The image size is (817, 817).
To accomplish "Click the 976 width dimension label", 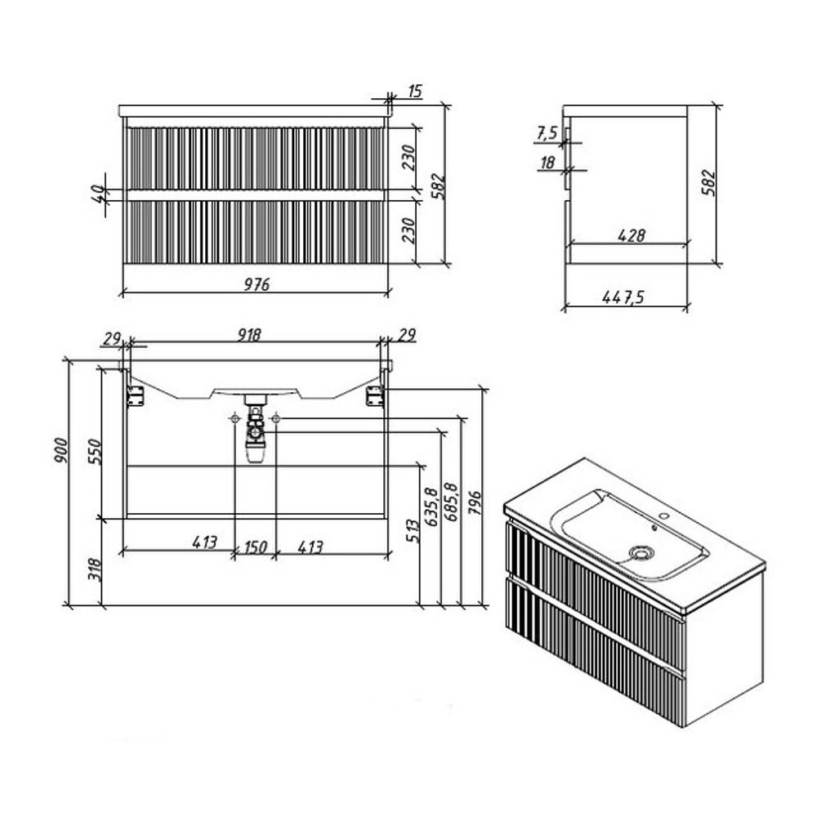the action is (x=257, y=284).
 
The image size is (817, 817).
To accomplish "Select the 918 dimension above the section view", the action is (x=249, y=334).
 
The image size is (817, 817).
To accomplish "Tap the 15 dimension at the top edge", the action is (x=415, y=92).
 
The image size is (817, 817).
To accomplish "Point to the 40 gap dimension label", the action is (x=97, y=194).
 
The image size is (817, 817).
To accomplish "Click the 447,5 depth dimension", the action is (x=623, y=297).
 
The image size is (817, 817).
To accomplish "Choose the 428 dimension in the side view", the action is (x=632, y=235).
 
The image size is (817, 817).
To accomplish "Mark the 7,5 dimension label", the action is (x=547, y=133).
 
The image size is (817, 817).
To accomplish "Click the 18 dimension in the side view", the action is (x=547, y=163).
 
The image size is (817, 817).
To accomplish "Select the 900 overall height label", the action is (x=60, y=450).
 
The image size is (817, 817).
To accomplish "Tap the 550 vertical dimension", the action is (x=94, y=451).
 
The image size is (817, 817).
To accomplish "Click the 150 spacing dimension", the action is (x=255, y=547).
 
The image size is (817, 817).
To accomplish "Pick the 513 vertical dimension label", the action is (x=412, y=531).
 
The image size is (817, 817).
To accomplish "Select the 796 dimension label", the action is (x=475, y=502).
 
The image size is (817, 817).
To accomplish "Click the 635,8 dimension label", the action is (x=431, y=507).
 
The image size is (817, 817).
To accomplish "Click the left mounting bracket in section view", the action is (x=136, y=396).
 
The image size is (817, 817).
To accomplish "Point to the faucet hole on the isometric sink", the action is (x=664, y=516).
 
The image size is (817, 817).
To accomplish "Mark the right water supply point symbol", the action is (x=276, y=417).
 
